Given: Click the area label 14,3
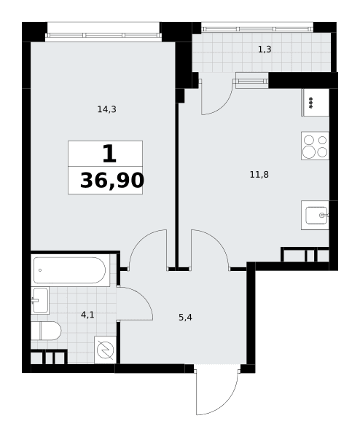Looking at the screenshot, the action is click(x=107, y=109).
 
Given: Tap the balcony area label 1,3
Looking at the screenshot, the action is click(x=265, y=50).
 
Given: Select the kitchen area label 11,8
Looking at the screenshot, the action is click(x=259, y=175).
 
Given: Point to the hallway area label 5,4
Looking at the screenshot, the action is click(x=185, y=317).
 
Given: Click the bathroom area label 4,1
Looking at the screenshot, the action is click(x=87, y=315).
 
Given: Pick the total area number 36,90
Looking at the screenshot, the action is click(x=112, y=181).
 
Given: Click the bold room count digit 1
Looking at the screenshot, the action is click(x=109, y=154).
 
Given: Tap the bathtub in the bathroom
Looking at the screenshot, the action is click(x=70, y=270).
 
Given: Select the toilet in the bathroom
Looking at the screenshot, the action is click(x=46, y=331).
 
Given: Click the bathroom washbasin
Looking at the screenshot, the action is click(x=40, y=300).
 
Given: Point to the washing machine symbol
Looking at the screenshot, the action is click(x=105, y=350).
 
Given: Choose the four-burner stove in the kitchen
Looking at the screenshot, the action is click(x=315, y=146).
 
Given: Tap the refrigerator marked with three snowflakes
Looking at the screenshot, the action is click(x=315, y=102).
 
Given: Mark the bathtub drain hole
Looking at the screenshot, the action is click(x=40, y=270).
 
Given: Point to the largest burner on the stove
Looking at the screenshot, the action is click(x=309, y=152).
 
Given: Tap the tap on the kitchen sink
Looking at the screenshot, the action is click(x=324, y=215).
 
